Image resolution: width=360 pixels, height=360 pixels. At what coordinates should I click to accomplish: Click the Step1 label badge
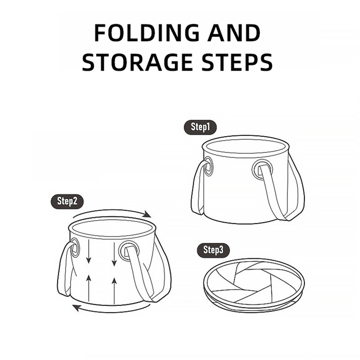(200, 127)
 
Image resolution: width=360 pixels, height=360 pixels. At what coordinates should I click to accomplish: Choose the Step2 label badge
(67, 201)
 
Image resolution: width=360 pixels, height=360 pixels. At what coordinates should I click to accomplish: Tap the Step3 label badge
(213, 250)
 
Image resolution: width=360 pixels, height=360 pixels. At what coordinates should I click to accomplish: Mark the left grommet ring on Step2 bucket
(74, 249)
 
